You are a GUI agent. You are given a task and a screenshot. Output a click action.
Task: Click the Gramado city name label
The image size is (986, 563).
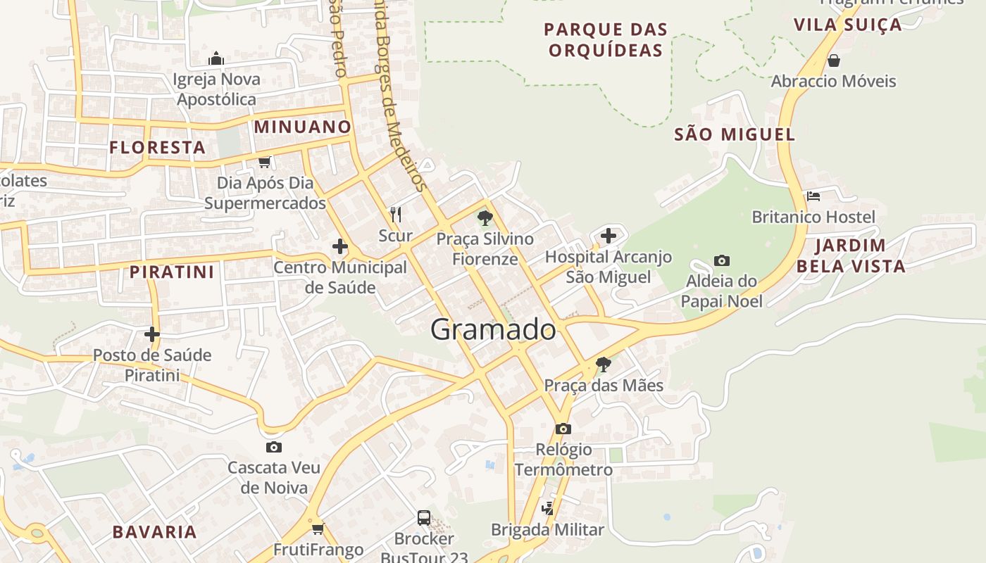493,329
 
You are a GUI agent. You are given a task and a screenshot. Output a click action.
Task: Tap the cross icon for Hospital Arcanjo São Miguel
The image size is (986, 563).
609,236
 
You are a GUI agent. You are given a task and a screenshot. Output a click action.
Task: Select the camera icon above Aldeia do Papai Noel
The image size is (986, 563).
721,260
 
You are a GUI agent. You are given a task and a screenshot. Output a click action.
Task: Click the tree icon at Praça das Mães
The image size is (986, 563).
603,364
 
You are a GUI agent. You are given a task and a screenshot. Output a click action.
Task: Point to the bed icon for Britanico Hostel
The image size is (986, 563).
813,196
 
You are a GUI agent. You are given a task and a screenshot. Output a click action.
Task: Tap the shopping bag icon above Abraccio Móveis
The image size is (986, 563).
834,61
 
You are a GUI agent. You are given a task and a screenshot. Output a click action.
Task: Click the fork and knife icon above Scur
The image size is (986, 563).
396,214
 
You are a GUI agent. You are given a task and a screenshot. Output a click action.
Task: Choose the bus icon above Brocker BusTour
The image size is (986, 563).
424,518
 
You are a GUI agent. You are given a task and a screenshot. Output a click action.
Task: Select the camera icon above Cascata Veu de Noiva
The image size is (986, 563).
274,447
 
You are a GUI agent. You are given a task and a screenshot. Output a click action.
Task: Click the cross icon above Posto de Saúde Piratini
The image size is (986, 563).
152,334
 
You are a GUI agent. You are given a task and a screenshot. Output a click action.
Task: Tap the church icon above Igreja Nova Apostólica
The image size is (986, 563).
216,58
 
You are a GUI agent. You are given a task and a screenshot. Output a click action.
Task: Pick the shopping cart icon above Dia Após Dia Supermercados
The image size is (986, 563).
265,162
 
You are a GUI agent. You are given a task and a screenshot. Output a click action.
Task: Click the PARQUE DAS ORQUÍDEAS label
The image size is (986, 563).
606,40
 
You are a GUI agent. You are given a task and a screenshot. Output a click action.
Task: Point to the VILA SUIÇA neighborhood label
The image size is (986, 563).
847,25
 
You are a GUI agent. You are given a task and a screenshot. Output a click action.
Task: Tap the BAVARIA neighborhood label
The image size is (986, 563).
155,532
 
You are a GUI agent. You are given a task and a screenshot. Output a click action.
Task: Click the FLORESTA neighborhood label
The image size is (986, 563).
158,148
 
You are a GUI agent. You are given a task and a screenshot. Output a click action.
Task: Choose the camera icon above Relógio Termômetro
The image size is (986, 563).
563,429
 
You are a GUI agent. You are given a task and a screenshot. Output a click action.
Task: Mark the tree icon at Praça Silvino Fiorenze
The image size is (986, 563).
485,217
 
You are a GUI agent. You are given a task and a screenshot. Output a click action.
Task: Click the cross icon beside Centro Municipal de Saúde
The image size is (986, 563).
340,246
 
